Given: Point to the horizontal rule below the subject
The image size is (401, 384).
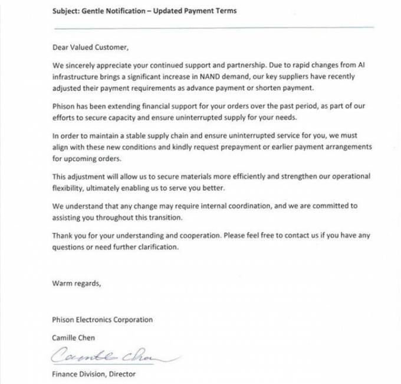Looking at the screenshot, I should coord(212,27).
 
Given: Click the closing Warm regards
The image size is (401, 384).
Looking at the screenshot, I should coord(76,283).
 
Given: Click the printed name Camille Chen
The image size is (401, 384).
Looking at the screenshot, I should coord(74,337).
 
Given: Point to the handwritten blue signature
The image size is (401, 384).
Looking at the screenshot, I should coord(106,354).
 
